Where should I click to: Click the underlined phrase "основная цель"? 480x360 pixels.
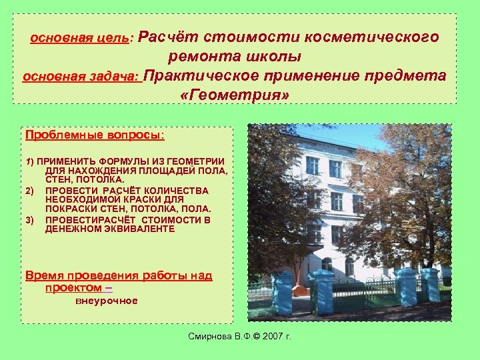81,38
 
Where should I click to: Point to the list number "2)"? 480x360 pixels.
29,191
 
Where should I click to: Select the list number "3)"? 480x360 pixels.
29,219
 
